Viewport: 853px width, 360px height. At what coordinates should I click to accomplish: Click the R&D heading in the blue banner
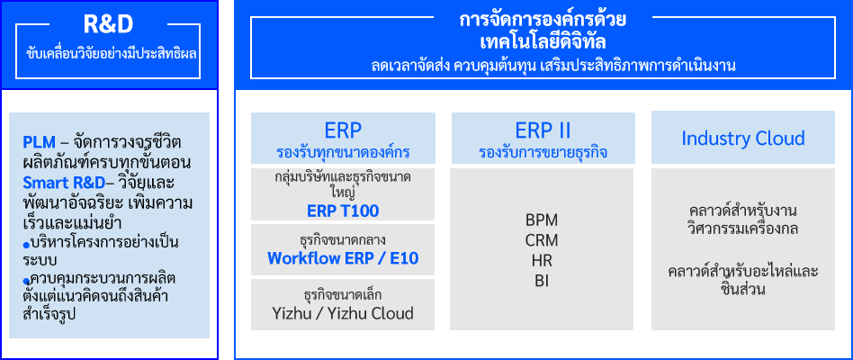(x=108, y=24)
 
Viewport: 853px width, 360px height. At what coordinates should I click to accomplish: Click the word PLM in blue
(x=40, y=142)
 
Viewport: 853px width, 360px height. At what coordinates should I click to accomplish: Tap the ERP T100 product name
(x=343, y=211)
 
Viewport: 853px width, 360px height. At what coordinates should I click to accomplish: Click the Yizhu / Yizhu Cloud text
(x=343, y=313)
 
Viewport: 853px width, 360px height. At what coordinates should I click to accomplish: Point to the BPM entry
(x=542, y=220)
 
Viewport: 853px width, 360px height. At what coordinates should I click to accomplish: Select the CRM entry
(x=542, y=240)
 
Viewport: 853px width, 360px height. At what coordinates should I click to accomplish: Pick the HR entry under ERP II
(x=542, y=260)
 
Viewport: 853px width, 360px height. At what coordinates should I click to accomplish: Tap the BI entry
(x=542, y=281)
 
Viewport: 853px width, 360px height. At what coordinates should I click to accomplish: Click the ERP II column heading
(x=543, y=131)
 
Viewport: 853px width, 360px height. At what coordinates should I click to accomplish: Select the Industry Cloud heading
(x=743, y=138)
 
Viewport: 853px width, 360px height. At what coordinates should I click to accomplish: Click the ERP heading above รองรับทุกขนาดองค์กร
(x=343, y=131)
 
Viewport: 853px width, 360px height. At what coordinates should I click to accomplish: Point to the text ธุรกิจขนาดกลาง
(x=343, y=239)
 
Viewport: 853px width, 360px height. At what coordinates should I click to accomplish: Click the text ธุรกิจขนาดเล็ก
(x=343, y=295)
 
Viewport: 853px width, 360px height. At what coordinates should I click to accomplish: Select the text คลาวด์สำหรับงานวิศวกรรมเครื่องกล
(x=743, y=220)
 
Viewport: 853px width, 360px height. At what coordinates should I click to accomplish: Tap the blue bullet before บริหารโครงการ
(x=25, y=244)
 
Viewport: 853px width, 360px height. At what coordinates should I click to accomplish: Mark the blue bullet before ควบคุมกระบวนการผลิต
(x=25, y=281)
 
